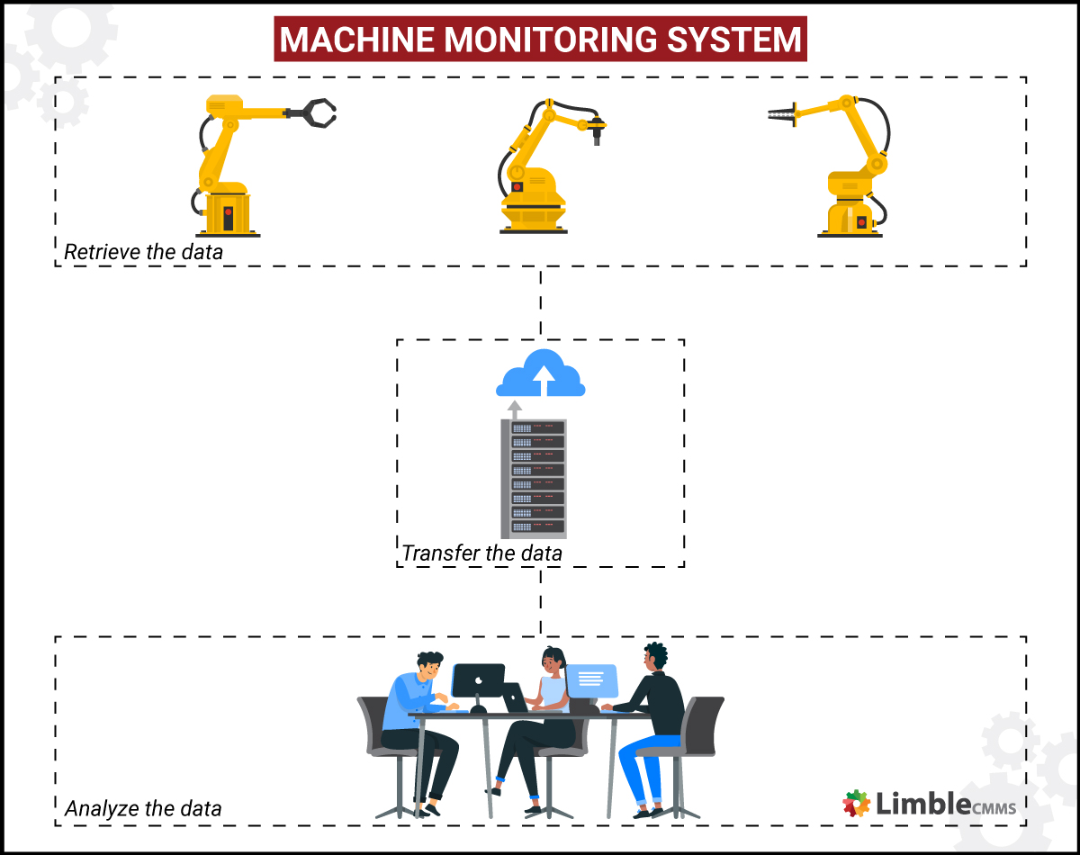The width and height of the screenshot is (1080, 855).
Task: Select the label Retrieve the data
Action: [143, 252]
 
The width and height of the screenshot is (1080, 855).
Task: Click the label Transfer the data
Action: [481, 553]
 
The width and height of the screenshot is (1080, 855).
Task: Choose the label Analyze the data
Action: [143, 808]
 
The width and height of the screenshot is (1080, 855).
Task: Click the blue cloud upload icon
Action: [541, 373]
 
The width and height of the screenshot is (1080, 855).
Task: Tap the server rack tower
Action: [534, 477]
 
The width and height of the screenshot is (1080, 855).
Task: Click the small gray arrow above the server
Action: [515, 409]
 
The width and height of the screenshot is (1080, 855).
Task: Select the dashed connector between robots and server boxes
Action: [541, 302]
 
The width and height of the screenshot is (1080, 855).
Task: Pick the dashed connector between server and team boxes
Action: [541, 601]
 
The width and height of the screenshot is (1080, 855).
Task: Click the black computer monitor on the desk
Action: [478, 681]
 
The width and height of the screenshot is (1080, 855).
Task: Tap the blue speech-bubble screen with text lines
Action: [591, 679]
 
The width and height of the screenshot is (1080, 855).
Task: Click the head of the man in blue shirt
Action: [428, 667]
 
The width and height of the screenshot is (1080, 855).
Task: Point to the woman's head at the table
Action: [552, 662]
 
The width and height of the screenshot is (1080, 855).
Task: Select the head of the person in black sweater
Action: [654, 656]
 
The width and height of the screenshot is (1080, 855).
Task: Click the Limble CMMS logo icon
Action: [856, 802]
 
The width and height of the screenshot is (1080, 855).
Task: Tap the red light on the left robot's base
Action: [229, 213]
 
